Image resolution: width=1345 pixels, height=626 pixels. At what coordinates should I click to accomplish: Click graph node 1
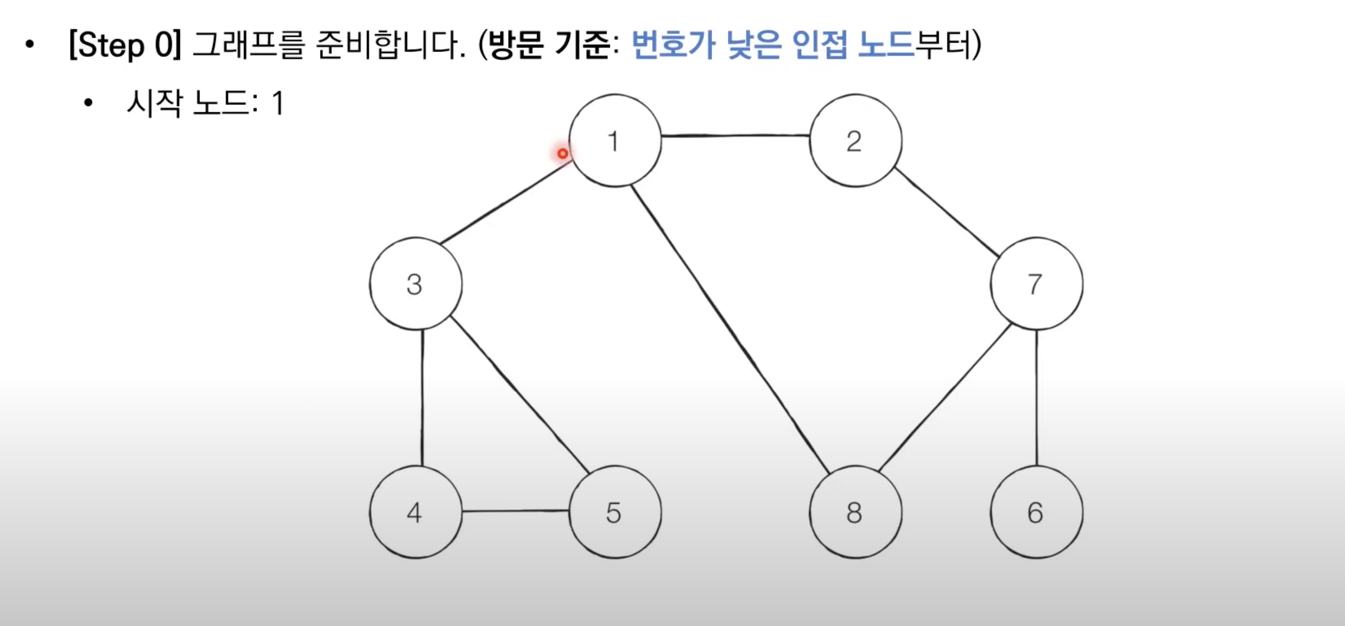click(615, 140)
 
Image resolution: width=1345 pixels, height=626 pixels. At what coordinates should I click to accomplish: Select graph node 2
click(855, 140)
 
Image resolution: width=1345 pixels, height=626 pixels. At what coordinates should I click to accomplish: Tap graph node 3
click(416, 284)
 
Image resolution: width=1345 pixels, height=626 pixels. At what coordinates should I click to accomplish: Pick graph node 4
click(416, 512)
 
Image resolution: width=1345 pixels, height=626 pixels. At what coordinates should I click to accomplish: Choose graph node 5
click(615, 512)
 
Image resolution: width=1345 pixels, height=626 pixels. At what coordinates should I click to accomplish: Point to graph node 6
click(1036, 512)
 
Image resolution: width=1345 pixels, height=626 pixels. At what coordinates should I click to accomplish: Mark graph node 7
click(1036, 284)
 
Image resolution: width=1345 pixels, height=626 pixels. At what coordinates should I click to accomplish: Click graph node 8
click(855, 512)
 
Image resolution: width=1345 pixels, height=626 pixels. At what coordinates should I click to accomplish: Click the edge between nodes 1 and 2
click(735, 136)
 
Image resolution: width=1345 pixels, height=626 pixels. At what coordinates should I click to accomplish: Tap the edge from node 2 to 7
click(947, 212)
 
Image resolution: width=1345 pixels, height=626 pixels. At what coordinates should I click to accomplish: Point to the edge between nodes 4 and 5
click(516, 510)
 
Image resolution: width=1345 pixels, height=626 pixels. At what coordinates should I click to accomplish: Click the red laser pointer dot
click(563, 154)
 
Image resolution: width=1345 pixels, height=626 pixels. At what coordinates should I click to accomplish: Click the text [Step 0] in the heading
click(125, 44)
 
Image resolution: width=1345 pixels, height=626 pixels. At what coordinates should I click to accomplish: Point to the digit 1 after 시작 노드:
click(278, 103)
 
